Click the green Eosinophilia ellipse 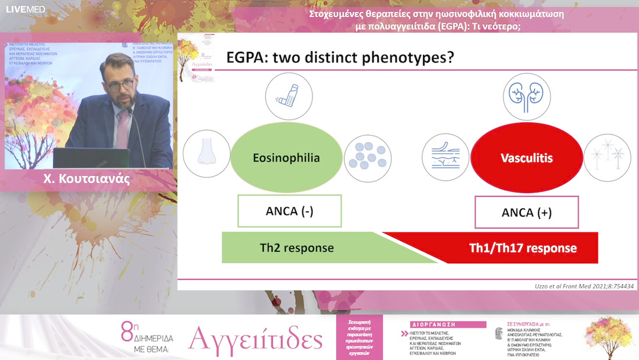point(286,157)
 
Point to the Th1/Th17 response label point(522,248)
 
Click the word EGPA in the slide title point(244,59)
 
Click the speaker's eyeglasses point(120,85)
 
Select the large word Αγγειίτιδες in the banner point(256,340)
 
